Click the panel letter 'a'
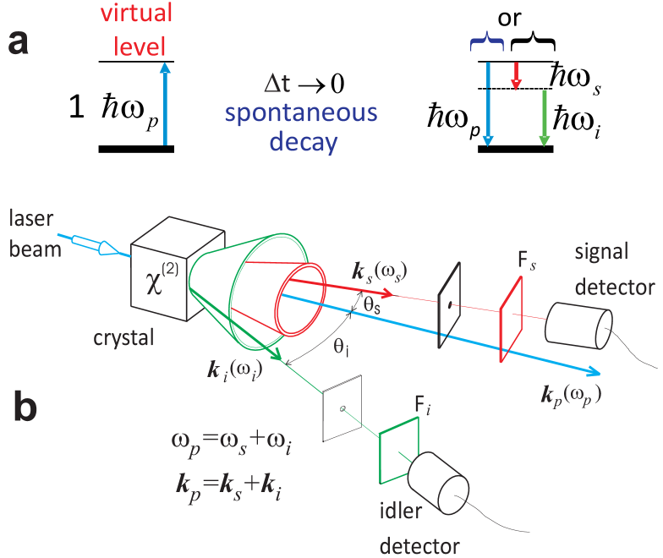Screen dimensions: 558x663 19,42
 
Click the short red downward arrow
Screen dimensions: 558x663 516,77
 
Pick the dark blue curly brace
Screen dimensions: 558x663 487,42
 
